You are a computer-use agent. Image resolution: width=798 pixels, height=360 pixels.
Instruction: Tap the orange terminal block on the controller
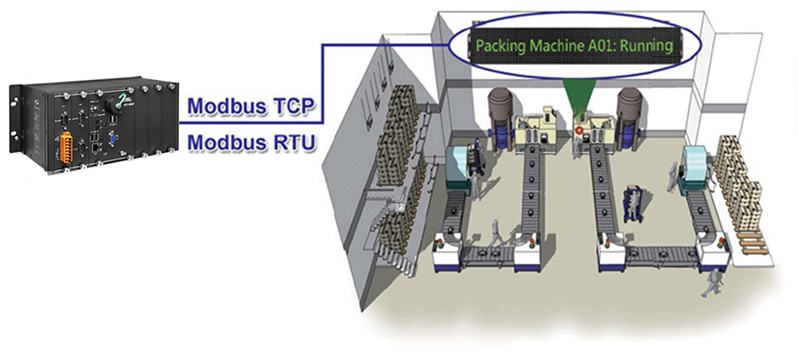(x=65, y=148)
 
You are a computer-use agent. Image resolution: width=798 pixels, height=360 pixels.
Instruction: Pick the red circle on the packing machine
(x=578, y=130)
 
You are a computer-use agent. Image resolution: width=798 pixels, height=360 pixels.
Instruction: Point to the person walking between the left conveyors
(x=495, y=236)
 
